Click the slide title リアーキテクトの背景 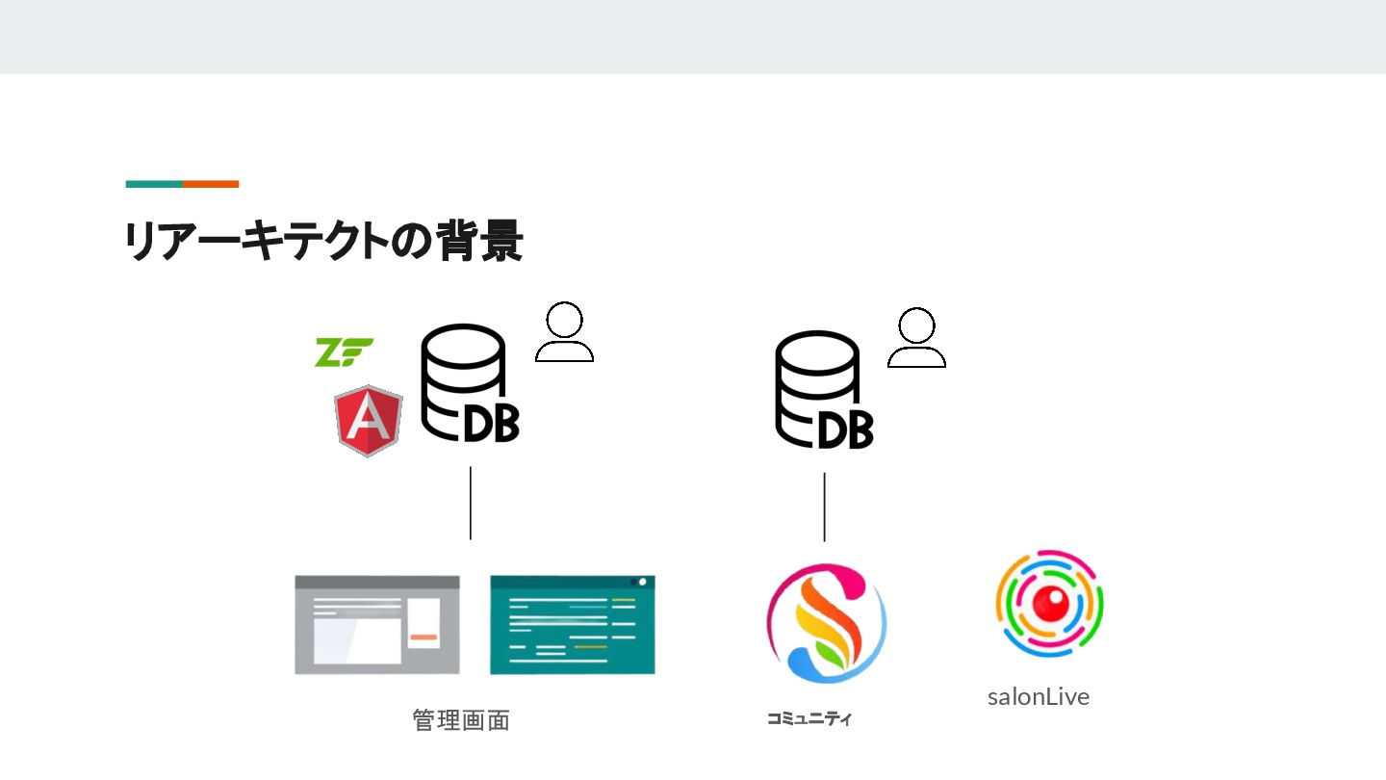coord(323,242)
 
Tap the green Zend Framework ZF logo coord(343,352)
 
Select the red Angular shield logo coord(368,421)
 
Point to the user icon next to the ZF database coord(564,332)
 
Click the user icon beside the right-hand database coord(916,338)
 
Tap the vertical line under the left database coord(471,503)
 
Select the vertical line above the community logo coord(824,507)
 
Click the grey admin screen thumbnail coord(377,625)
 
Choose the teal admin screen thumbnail coord(573,625)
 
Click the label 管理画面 coord(461,720)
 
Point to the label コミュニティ coord(809,718)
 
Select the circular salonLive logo coord(1049,603)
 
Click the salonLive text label coord(1039,697)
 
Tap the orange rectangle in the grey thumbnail coord(423,637)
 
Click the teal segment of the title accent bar coord(154,184)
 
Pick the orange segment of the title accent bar coord(211,184)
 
